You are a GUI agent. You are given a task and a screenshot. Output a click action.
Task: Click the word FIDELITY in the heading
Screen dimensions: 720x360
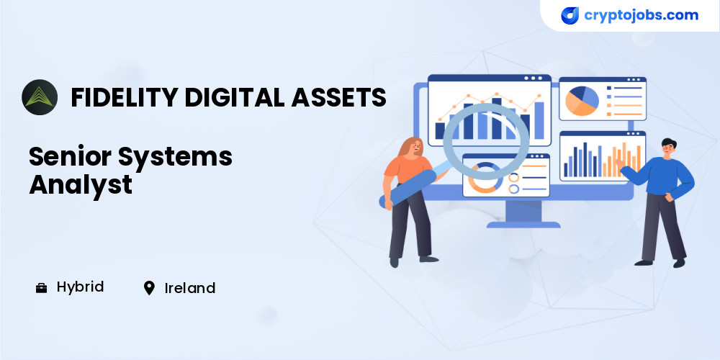click(x=124, y=97)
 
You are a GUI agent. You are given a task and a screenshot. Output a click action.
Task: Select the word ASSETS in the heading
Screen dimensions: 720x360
click(x=338, y=97)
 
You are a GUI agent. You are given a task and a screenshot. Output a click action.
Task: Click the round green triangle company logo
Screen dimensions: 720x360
click(x=40, y=97)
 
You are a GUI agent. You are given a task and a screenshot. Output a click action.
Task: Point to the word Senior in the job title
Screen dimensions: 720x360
click(x=70, y=156)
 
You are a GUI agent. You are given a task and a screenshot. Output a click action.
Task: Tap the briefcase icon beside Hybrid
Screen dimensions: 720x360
click(x=41, y=289)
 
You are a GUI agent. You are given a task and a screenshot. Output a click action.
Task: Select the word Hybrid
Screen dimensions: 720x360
click(x=81, y=288)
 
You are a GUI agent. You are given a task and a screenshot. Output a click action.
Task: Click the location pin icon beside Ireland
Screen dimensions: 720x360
click(x=149, y=289)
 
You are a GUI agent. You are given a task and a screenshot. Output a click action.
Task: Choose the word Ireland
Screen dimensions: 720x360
click(x=190, y=289)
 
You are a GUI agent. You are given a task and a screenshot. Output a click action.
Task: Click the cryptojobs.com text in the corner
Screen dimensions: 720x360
click(x=641, y=15)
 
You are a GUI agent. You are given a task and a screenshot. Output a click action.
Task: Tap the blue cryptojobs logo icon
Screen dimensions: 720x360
click(x=570, y=16)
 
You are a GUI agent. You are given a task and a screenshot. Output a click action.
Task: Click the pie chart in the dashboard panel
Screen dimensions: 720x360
click(x=582, y=101)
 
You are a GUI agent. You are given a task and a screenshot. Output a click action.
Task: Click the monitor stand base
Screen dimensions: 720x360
click(x=523, y=225)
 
